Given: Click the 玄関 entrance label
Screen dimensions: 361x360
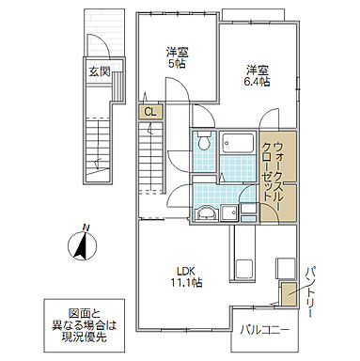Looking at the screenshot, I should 99,70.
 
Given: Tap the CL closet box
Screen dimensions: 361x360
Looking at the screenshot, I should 149,112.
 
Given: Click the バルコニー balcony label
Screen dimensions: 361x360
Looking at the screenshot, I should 268,329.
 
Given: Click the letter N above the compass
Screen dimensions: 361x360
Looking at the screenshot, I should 85,227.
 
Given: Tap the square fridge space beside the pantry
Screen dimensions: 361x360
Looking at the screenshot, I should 287,267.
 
